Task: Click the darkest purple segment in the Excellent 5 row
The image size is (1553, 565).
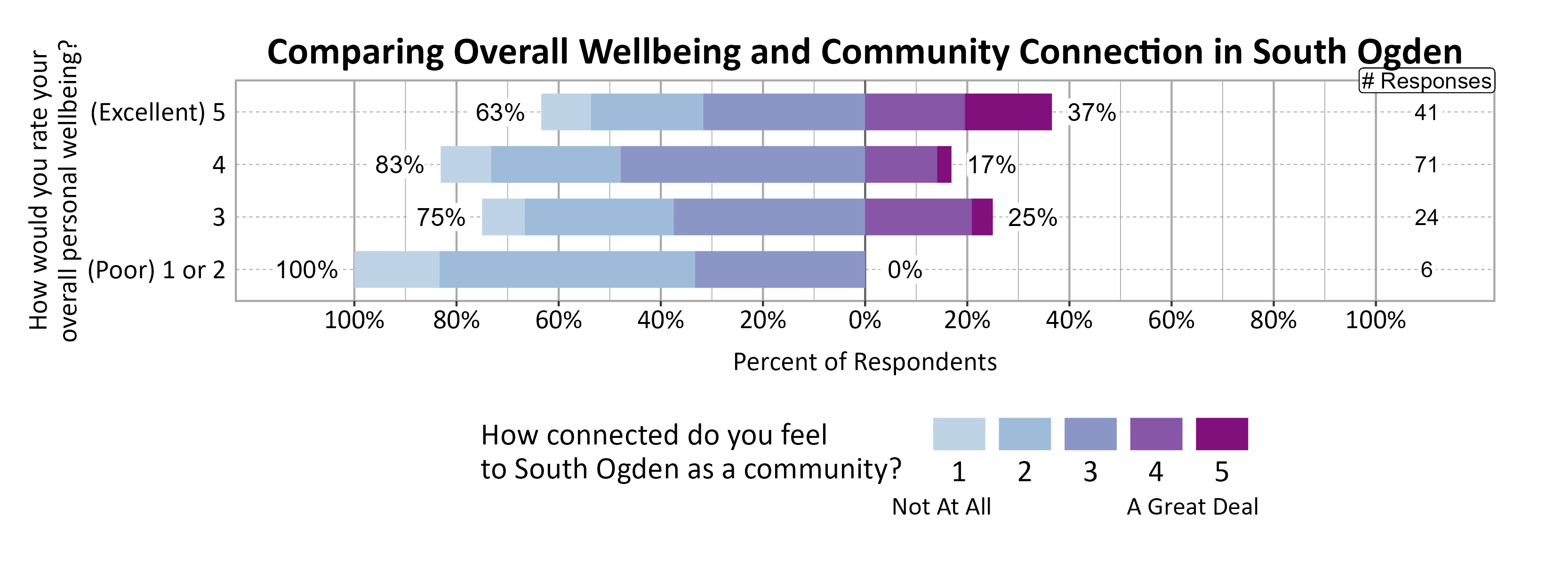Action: pyautogui.click(x=1008, y=112)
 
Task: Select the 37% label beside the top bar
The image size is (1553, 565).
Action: pyautogui.click(x=1091, y=113)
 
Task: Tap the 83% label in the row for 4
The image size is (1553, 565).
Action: pyautogui.click(x=399, y=165)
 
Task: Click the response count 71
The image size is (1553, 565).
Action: pyautogui.click(x=1426, y=165)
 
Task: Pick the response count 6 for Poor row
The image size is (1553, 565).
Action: pyautogui.click(x=1426, y=269)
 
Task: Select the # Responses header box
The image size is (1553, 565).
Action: pyautogui.click(x=1426, y=81)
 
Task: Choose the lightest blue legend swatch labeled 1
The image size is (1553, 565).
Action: pyautogui.click(x=959, y=434)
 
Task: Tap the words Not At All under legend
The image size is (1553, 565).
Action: pyautogui.click(x=941, y=507)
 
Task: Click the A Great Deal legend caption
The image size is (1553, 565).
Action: pyautogui.click(x=1192, y=507)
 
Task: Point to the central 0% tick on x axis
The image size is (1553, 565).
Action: pyautogui.click(x=865, y=320)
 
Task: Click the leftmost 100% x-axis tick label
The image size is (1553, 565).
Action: pyautogui.click(x=354, y=320)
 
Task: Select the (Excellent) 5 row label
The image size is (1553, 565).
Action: pyautogui.click(x=157, y=113)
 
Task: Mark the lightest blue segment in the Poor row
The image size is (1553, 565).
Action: pyautogui.click(x=396, y=269)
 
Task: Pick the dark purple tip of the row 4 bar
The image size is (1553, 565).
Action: pyautogui.click(x=944, y=165)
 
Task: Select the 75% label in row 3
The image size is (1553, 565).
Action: pyautogui.click(x=440, y=218)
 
